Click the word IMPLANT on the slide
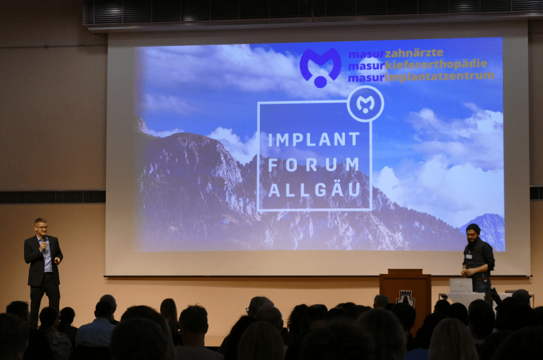pos(314,139)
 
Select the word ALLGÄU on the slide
pos(314,190)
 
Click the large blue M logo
pos(320,67)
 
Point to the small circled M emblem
pos(366,104)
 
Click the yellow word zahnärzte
pos(414,54)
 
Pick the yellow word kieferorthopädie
pos(436,65)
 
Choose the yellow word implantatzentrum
pos(439,76)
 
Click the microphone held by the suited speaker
pos(44,243)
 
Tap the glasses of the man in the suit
pos(41,227)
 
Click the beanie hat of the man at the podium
pos(474,228)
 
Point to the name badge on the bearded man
pos(469,256)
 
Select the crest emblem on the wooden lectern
pos(405,298)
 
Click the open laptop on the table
pos(461,286)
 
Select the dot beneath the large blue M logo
pos(320,82)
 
